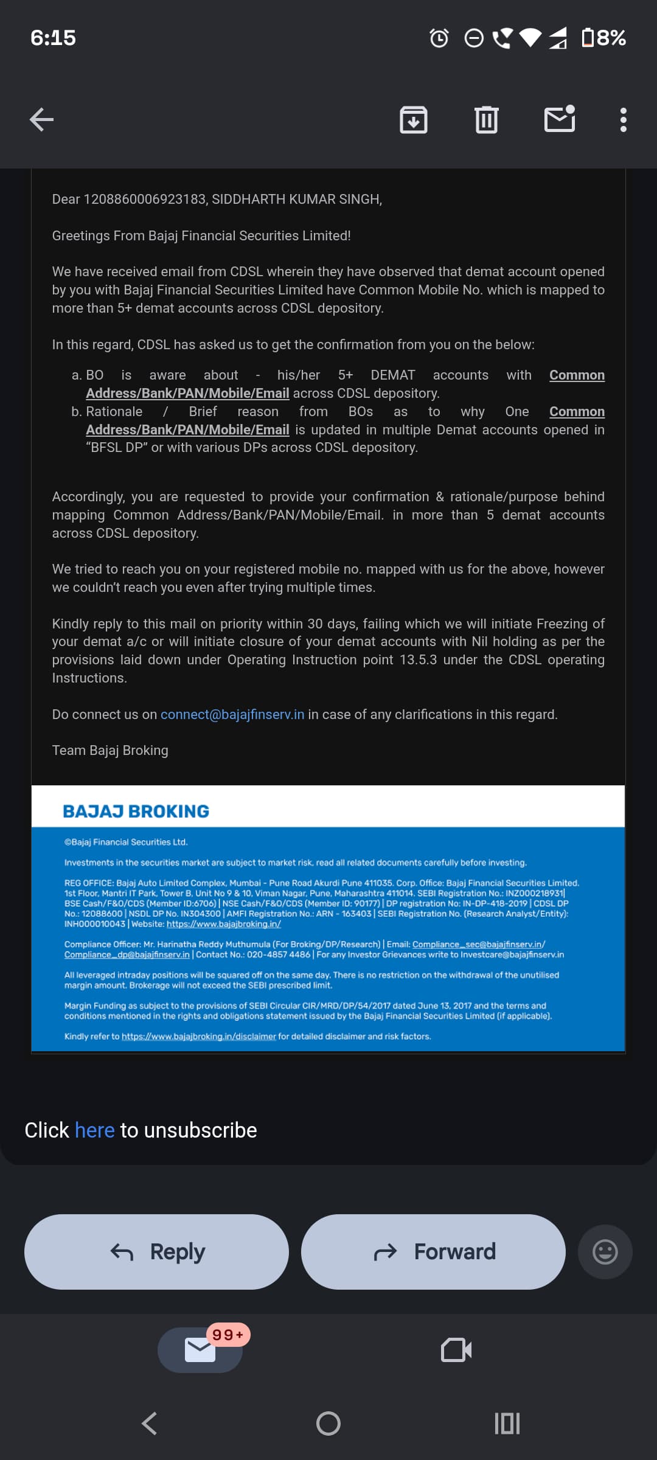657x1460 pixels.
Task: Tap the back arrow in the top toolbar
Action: (41, 119)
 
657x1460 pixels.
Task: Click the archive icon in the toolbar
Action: (413, 119)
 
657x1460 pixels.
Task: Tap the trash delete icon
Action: (486, 119)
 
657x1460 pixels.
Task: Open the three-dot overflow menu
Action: (623, 120)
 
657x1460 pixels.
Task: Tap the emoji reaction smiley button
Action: (605, 1252)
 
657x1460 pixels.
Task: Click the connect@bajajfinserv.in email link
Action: (232, 714)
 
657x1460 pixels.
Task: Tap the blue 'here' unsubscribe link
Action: (94, 1130)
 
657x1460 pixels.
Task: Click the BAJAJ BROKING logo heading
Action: (136, 811)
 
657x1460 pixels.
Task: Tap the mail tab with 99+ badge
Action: (200, 1350)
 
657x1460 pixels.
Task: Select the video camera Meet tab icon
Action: (456, 1350)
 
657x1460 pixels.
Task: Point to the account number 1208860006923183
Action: (145, 200)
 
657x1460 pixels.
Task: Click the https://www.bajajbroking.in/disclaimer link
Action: (198, 1037)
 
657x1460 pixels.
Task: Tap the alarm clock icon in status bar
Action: (439, 38)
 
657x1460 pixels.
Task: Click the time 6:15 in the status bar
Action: (53, 38)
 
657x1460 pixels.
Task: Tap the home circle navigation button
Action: (328, 1423)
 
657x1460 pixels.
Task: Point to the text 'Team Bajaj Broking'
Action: (110, 750)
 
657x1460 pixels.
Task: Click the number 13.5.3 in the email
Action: (418, 659)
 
